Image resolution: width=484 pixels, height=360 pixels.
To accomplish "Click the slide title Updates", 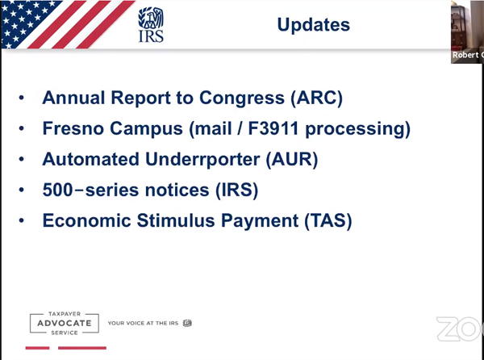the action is (313, 25).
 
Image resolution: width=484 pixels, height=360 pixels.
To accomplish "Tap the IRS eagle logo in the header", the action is (151, 25).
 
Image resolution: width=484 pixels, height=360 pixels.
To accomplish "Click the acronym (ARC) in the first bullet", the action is (316, 98).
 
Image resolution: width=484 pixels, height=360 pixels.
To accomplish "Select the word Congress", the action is (242, 98).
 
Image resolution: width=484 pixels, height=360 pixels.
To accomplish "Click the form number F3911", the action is (273, 128).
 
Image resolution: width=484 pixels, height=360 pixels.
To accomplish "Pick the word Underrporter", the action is (202, 160).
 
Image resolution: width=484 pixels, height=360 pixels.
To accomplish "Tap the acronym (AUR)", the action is (292, 159).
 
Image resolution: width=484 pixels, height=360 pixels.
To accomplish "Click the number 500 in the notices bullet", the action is (57, 190).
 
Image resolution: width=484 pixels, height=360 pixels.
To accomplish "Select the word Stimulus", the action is (176, 220).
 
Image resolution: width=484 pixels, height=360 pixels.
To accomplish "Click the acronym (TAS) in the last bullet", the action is (328, 220).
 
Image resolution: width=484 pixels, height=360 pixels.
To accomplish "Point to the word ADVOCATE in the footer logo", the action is (65, 323).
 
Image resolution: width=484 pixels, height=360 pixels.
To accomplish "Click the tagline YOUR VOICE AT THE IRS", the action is (143, 323).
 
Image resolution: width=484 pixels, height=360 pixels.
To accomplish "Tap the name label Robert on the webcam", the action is (465, 55).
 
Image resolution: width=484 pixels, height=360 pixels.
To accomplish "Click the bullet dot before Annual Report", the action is (21, 98).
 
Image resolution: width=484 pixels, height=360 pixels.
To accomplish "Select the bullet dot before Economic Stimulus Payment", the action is (21, 220).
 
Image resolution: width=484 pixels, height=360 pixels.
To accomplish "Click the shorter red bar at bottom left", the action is (37, 348).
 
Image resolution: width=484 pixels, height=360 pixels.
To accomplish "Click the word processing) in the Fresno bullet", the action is (358, 129).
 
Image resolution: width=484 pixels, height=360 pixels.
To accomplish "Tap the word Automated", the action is (90, 159).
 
